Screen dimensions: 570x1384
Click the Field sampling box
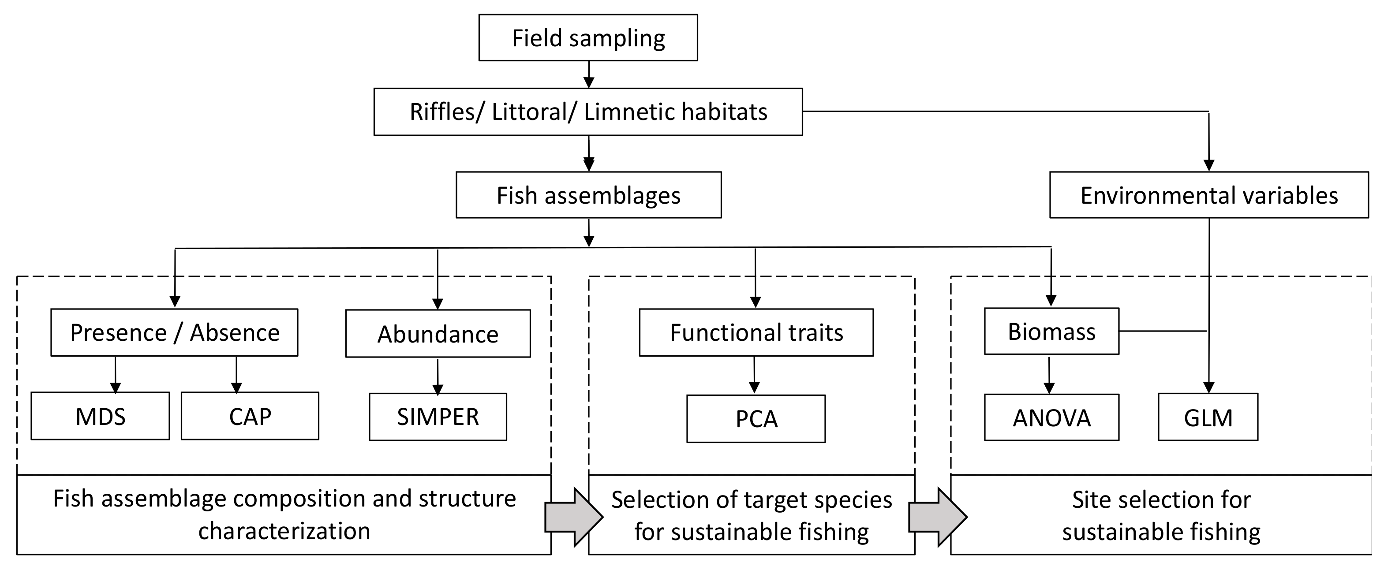(588, 37)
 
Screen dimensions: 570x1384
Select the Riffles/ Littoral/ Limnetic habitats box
(588, 112)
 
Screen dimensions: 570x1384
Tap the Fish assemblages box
(588, 195)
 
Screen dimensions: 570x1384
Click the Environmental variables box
(1208, 195)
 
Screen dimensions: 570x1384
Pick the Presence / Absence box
(174, 332)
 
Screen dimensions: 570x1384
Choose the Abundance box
(438, 334)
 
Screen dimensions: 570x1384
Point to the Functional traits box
(756, 332)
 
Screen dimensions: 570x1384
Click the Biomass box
(1051, 332)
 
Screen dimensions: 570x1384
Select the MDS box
(100, 416)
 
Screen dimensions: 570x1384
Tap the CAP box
(249, 416)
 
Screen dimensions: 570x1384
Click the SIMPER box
(438, 417)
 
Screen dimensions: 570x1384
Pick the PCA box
(756, 419)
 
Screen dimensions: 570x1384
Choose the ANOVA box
(1051, 417)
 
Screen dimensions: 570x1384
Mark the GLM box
(1207, 417)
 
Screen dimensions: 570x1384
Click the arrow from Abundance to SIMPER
(438, 376)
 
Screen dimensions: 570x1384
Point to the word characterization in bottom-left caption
(284, 531)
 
